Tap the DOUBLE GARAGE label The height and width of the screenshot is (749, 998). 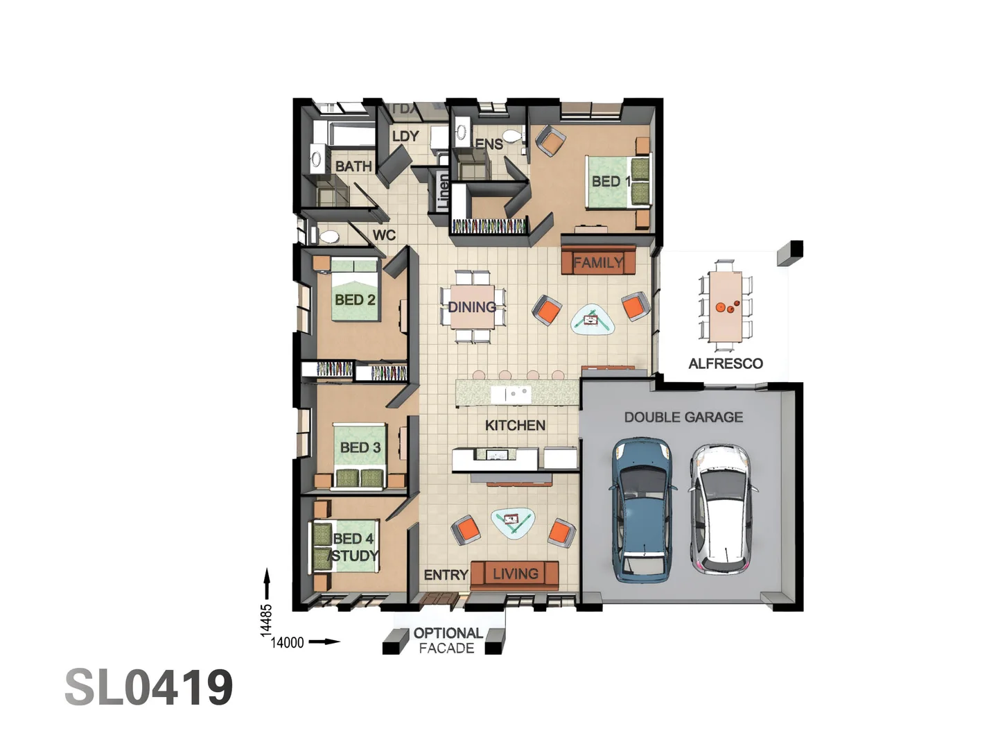coord(683,417)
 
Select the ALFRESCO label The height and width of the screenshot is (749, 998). coord(726,363)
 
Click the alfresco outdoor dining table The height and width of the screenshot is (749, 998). coord(726,306)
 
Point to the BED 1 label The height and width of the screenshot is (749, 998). coord(611,181)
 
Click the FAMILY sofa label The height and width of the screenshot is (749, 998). coord(597,263)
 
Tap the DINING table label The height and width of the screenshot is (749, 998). coord(472,307)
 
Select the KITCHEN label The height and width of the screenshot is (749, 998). coord(515,425)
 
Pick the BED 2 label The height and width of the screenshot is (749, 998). coord(355,300)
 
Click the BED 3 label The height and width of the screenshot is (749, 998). coord(360,447)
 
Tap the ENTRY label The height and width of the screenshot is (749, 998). coord(446,575)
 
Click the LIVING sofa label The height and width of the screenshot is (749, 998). coord(516,574)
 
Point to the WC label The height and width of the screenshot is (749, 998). coord(384,235)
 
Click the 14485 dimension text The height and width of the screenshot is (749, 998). coord(266,620)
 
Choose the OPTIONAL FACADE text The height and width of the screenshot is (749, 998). coord(448,640)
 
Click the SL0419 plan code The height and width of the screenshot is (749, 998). coord(149,687)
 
